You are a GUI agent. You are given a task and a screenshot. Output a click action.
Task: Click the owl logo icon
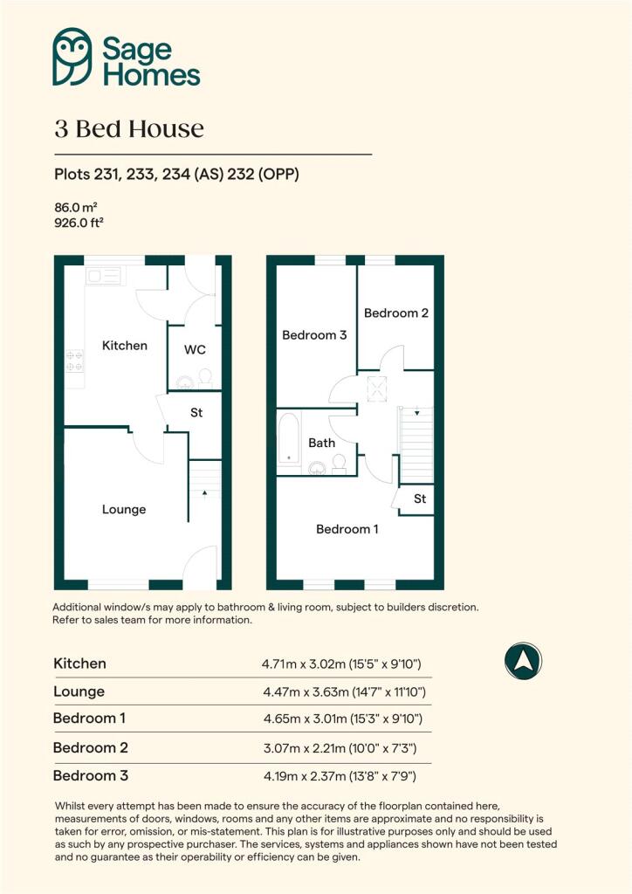[x=72, y=57]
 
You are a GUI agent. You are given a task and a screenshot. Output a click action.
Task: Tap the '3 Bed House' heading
[x=129, y=129]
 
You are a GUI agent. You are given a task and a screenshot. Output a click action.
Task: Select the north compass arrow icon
[x=523, y=661]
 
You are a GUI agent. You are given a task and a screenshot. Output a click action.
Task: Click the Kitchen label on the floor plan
[x=124, y=346]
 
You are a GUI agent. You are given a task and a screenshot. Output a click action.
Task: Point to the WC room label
[x=195, y=349]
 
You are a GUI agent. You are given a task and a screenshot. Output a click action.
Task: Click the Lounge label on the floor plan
[x=124, y=510]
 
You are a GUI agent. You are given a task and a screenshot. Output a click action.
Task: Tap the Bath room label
[x=321, y=443]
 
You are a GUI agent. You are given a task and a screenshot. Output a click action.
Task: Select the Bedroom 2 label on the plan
[x=396, y=313]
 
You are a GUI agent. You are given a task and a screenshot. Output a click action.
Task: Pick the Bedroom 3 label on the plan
[x=314, y=335]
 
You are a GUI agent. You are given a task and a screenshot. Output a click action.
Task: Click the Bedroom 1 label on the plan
[x=347, y=529]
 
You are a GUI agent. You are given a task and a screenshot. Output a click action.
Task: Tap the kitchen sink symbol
[x=103, y=277]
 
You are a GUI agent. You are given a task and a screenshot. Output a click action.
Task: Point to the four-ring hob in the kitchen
[x=75, y=361]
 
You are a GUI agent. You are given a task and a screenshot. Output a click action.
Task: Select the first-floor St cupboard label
[x=420, y=499]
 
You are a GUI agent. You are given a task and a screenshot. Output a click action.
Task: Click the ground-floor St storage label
[x=196, y=412]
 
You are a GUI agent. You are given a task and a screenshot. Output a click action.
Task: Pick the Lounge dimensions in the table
[x=344, y=692]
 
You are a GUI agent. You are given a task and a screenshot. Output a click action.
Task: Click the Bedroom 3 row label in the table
[x=91, y=775]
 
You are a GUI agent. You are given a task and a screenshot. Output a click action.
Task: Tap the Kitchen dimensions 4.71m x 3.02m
[x=304, y=664]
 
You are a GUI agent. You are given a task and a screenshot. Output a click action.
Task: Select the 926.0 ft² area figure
[x=79, y=223]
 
